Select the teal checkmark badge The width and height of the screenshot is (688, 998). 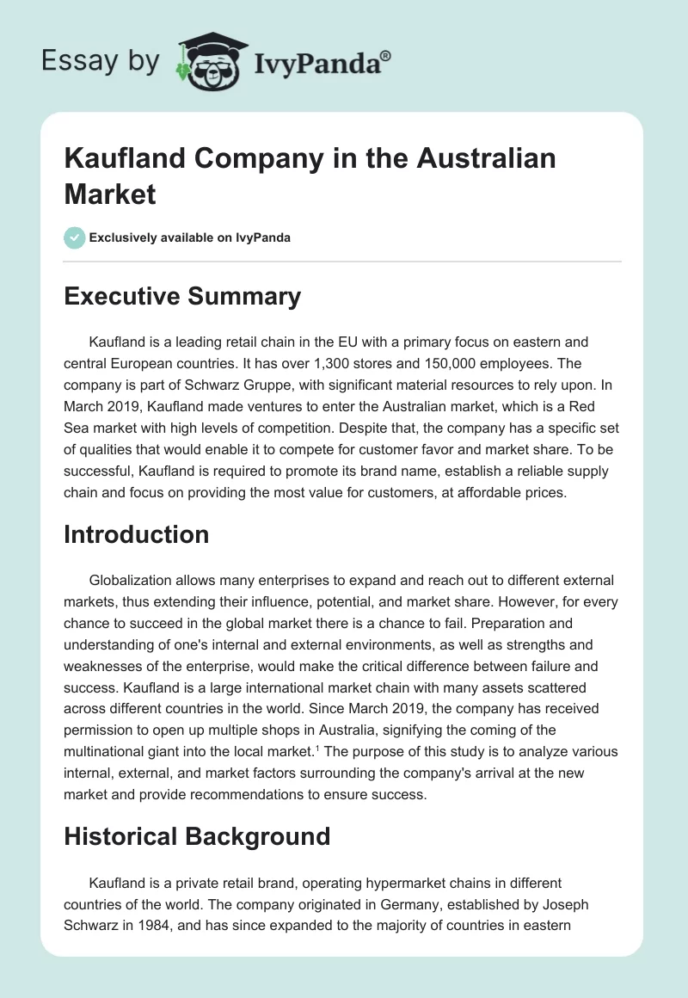coord(75,237)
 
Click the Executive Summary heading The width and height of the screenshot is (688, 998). coord(182,297)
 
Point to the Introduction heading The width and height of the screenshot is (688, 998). coord(137,534)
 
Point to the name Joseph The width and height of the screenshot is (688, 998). coord(564,903)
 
